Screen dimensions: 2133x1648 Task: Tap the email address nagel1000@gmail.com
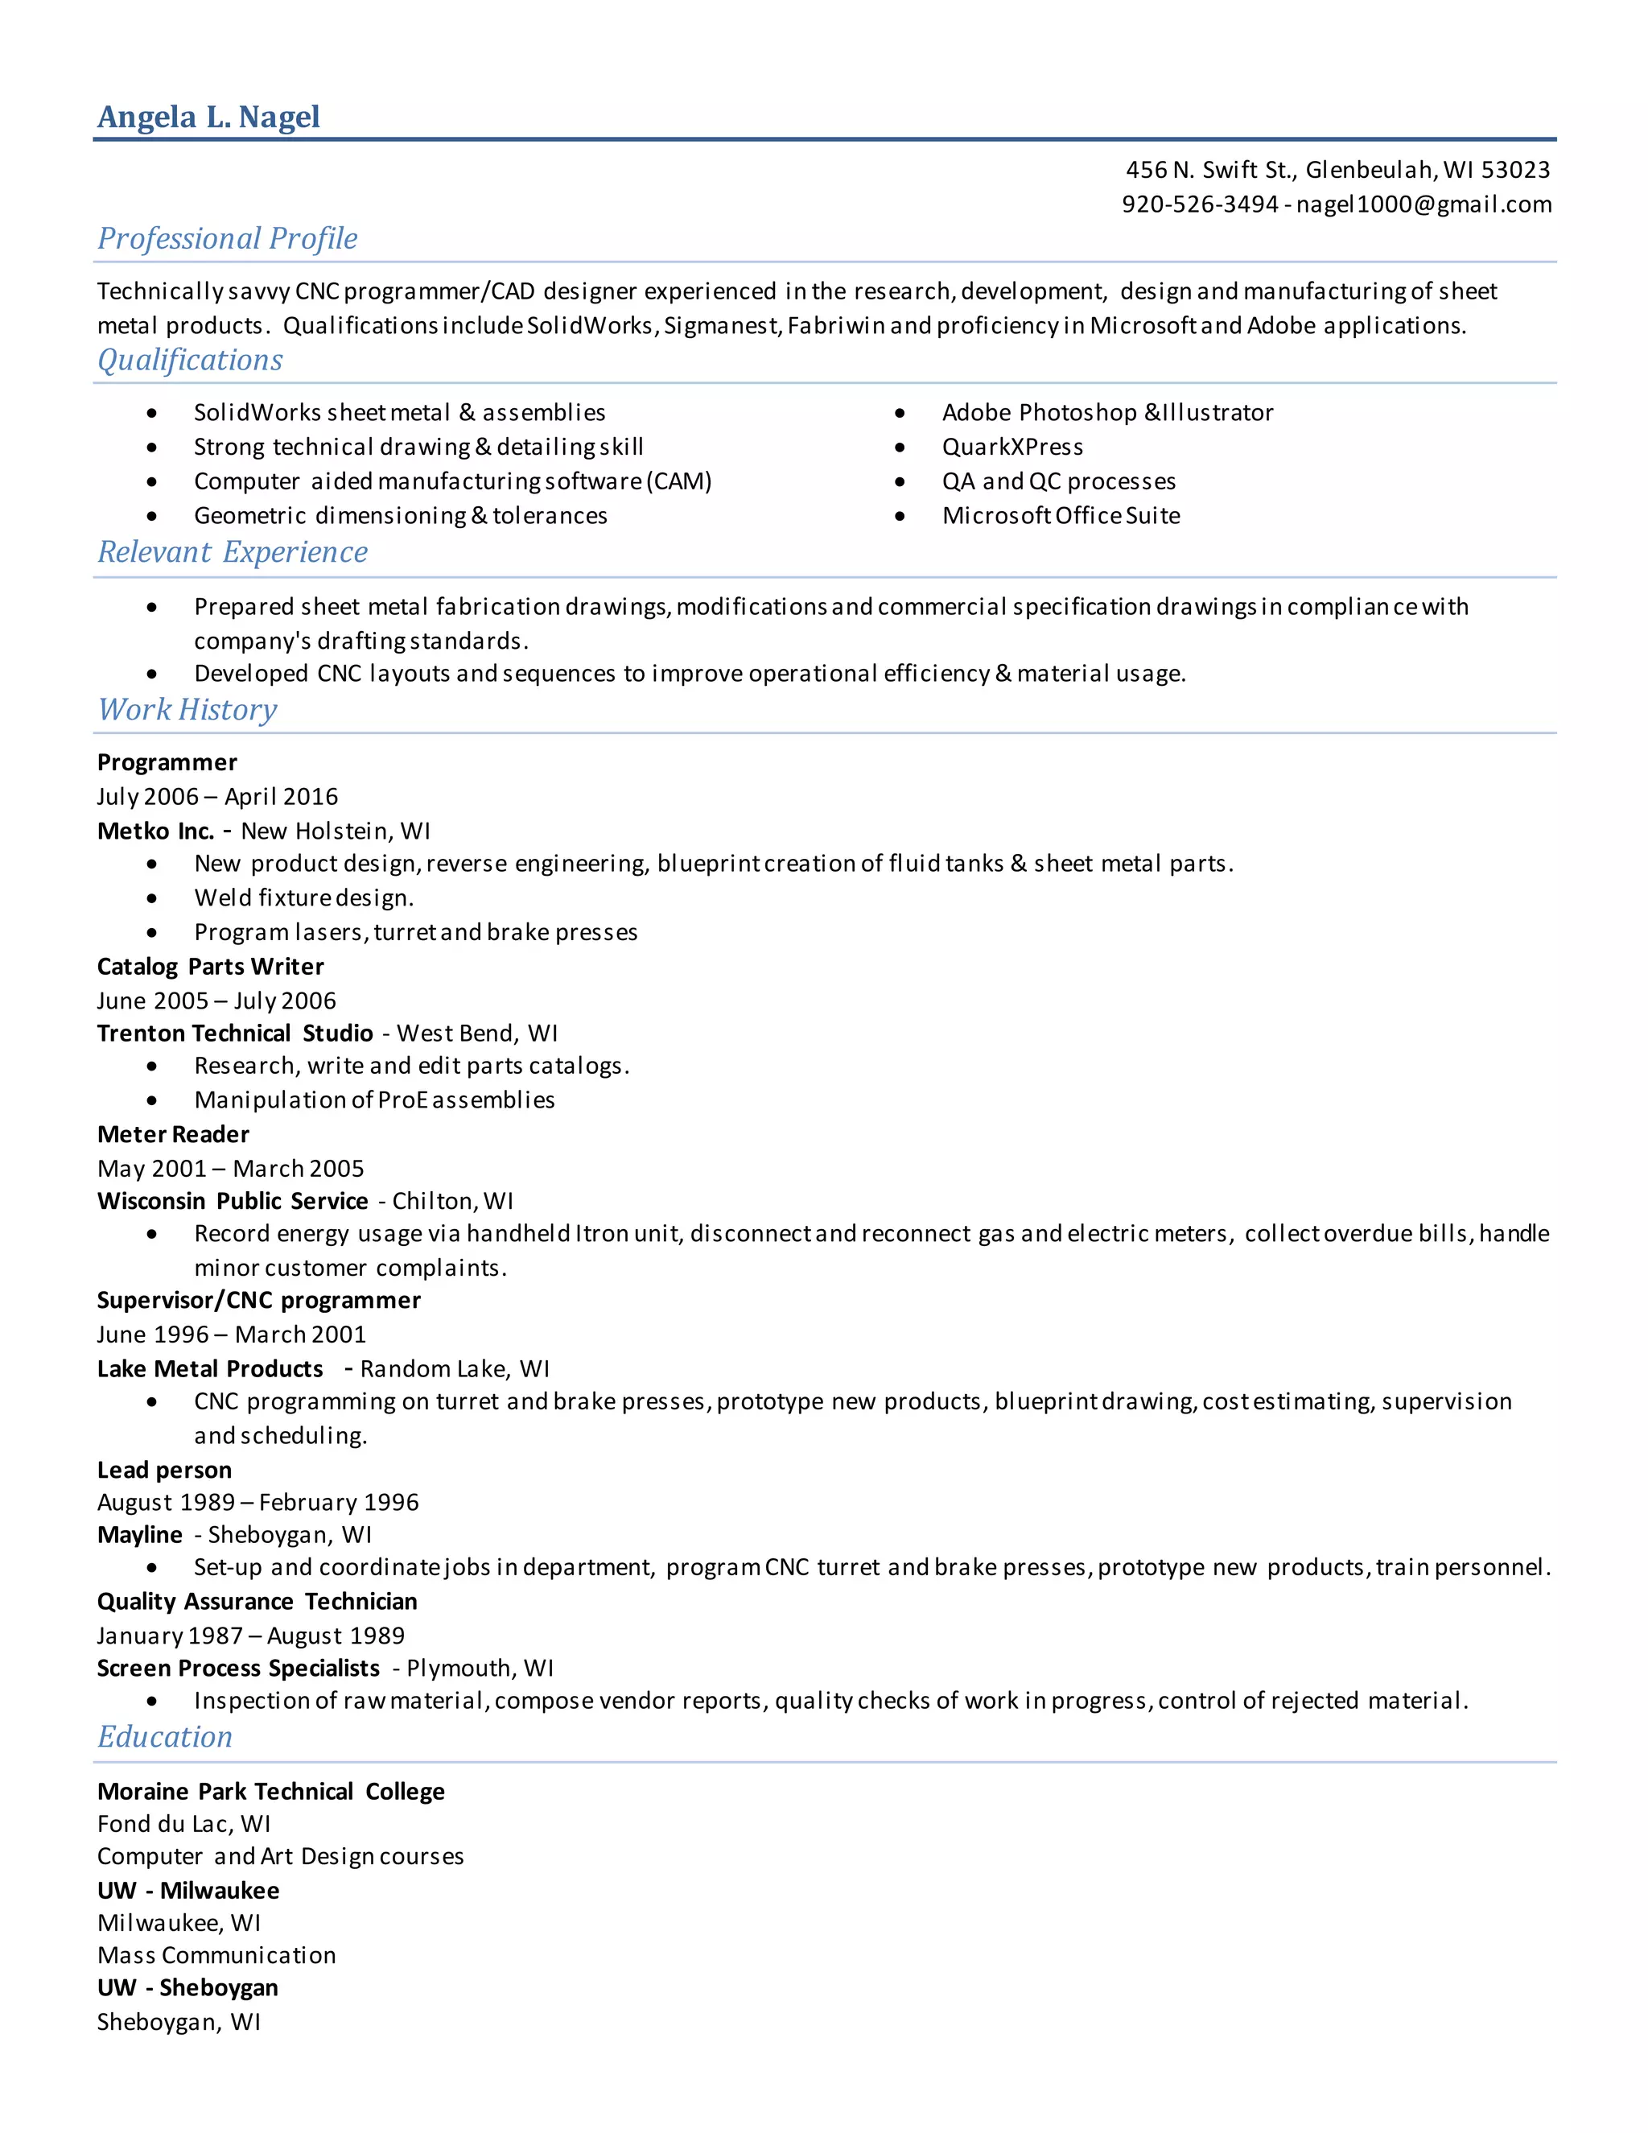point(1423,204)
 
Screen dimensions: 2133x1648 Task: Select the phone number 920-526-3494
point(1200,204)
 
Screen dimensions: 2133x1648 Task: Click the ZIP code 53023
point(1515,170)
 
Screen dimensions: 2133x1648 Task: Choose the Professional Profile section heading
point(228,238)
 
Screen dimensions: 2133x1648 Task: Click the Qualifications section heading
point(191,360)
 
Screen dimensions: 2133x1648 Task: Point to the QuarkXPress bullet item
point(1012,448)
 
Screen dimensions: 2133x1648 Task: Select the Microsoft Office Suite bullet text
point(1061,516)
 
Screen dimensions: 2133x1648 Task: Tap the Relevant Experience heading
point(233,552)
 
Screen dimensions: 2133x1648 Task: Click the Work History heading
point(187,709)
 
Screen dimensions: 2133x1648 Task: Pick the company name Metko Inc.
point(155,831)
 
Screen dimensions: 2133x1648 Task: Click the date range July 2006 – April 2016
point(216,797)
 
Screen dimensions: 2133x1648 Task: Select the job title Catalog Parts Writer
point(210,967)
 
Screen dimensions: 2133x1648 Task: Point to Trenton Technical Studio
point(235,1033)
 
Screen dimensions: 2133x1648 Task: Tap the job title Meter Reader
point(173,1135)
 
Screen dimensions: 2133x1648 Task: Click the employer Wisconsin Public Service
point(233,1201)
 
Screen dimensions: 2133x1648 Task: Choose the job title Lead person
point(164,1470)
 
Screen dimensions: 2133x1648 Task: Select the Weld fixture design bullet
point(303,897)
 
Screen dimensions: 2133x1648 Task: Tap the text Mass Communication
point(216,1955)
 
